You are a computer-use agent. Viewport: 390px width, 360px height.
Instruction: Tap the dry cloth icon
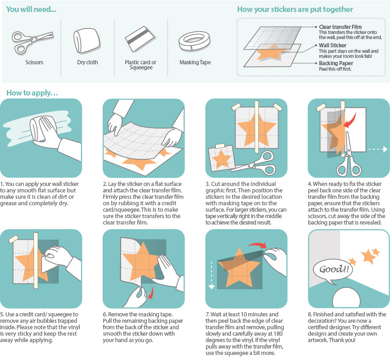87,41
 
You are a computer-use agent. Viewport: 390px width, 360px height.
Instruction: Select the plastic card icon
140,40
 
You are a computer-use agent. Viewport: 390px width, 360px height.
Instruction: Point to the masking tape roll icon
195,41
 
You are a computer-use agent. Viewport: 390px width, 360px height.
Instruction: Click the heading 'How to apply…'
32,93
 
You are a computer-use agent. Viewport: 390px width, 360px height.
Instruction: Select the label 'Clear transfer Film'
340,27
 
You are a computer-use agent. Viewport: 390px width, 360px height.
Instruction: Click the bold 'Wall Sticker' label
333,45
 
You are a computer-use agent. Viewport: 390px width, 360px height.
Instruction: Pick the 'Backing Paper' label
336,63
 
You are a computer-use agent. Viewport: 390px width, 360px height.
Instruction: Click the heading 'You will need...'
31,9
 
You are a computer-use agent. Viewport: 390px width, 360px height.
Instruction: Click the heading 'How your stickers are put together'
295,9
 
